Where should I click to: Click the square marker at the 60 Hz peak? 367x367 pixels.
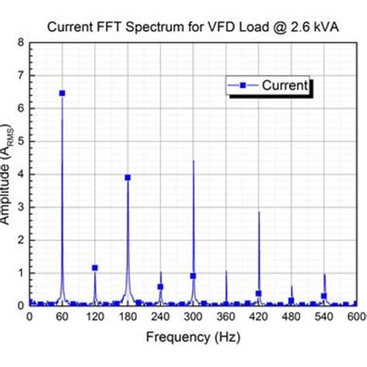coord(62,93)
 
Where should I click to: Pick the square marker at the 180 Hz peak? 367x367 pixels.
coord(128,177)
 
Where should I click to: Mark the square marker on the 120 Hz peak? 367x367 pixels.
coord(94,268)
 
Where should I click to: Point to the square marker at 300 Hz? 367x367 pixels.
coord(193,276)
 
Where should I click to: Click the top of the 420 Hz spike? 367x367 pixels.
coord(259,211)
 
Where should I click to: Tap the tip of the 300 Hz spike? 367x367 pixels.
coord(193,160)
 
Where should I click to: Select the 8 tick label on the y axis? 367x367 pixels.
coord(20,43)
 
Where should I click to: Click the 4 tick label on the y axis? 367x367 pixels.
coord(20,174)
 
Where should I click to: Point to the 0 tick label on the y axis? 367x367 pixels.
coord(20,305)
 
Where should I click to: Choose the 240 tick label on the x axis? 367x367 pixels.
coord(160,317)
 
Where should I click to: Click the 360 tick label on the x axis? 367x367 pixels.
coord(226,317)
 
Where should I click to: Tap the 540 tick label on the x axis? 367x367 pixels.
coord(324,317)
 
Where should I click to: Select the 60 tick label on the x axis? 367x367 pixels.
coord(62,317)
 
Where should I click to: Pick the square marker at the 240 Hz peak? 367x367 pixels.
coord(160,286)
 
